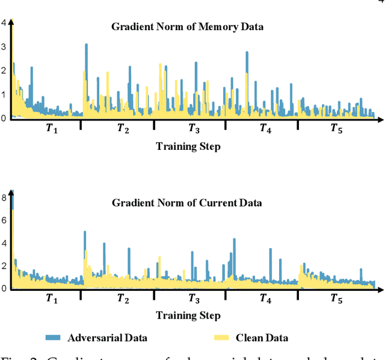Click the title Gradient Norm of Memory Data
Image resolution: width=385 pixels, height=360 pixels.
(187, 26)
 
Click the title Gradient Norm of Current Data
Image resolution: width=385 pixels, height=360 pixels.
(187, 203)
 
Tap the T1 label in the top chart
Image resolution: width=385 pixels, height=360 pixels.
(52, 128)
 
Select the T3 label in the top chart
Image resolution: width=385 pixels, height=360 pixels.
(194, 128)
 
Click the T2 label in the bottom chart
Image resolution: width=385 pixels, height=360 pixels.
(123, 298)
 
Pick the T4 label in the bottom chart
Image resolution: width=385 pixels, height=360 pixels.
(265, 298)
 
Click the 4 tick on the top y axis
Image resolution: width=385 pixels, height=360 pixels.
(4, 23)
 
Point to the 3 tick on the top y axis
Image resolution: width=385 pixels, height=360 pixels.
(4, 47)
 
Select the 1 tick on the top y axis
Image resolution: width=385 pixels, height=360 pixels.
(4, 95)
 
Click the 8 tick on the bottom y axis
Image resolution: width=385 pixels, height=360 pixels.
(4, 197)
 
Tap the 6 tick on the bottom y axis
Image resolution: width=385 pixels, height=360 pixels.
(4, 220)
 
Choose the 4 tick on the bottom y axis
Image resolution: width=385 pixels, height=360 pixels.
(4, 243)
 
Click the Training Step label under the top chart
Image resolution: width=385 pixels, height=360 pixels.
(188, 146)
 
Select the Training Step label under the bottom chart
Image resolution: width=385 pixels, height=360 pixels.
(188, 315)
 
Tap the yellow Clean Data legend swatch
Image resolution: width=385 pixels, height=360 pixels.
(221, 337)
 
